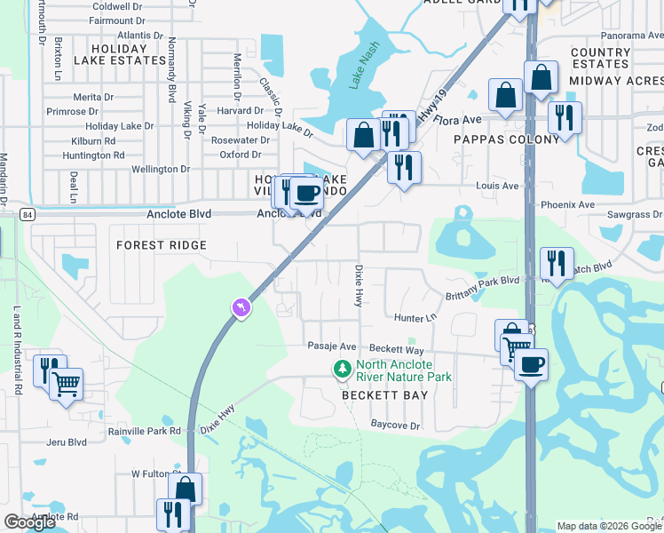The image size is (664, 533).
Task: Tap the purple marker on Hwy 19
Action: tap(240, 307)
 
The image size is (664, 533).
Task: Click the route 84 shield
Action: tap(29, 214)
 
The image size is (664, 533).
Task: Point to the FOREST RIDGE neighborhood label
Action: tap(161, 245)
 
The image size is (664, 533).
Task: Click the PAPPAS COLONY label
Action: tap(506, 139)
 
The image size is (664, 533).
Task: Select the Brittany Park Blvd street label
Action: tap(483, 280)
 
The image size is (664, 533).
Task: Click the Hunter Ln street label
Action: tap(416, 317)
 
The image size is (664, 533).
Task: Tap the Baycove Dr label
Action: tap(395, 426)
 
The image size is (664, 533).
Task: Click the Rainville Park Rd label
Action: tap(144, 431)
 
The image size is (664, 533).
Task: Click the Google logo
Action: tap(29, 522)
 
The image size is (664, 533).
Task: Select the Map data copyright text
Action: tap(608, 526)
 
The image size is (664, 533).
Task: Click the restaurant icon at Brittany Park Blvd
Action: tap(557, 263)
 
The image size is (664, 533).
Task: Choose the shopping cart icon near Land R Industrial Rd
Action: tap(66, 384)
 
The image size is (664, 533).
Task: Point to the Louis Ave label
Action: tap(497, 187)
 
